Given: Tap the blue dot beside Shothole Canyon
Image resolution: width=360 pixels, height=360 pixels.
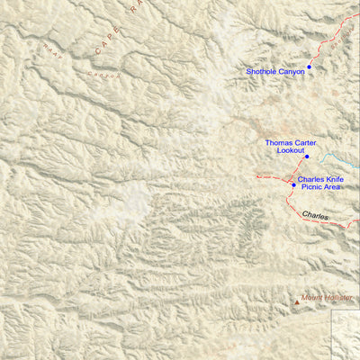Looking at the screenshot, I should pyautogui.click(x=309, y=67).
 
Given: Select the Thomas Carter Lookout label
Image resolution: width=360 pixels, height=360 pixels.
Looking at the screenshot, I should pyautogui.click(x=290, y=147).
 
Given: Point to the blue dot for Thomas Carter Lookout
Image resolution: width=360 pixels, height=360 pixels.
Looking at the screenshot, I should pyautogui.click(x=307, y=157).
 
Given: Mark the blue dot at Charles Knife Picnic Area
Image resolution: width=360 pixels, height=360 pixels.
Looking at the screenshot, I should pyautogui.click(x=293, y=185).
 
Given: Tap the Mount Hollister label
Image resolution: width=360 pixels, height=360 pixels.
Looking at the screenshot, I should pyautogui.click(x=327, y=298).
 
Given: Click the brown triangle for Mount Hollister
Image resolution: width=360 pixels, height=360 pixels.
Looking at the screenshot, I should pyautogui.click(x=297, y=303).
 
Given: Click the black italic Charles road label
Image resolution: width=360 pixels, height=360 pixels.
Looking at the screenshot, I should pyautogui.click(x=315, y=215).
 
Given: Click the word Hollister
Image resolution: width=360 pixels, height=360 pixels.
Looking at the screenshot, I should pyautogui.click(x=337, y=298).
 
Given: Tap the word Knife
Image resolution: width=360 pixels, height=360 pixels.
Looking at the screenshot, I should pyautogui.click(x=335, y=180).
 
